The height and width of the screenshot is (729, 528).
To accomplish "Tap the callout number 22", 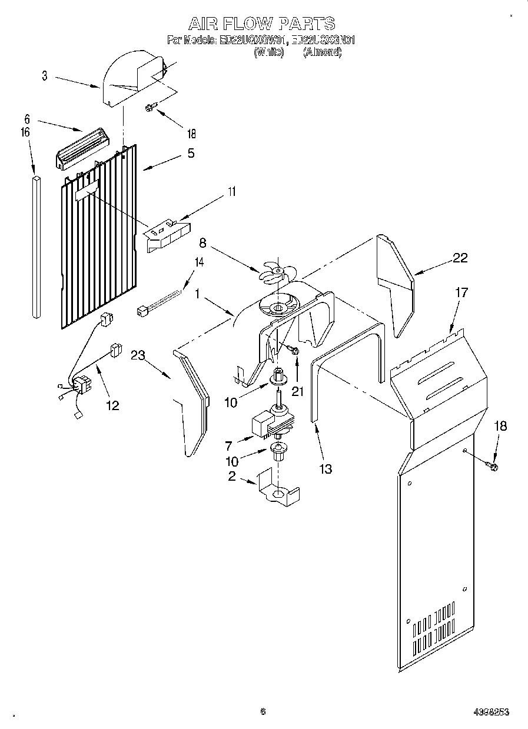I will tap(460, 257).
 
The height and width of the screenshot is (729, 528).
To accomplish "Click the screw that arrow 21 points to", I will tap(294, 350).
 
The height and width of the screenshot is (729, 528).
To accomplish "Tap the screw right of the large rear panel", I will tap(492, 467).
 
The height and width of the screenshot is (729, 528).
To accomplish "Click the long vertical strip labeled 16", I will tap(36, 247).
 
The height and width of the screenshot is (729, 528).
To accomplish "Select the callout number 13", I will tap(325, 468).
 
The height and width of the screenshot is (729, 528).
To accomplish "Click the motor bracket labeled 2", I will tap(278, 489).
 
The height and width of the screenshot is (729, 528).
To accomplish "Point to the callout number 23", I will tap(138, 355).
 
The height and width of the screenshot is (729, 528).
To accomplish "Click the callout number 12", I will tap(112, 405).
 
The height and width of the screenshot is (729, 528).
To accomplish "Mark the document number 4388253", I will tap(490, 712).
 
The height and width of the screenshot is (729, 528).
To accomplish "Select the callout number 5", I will tap(190, 154).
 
